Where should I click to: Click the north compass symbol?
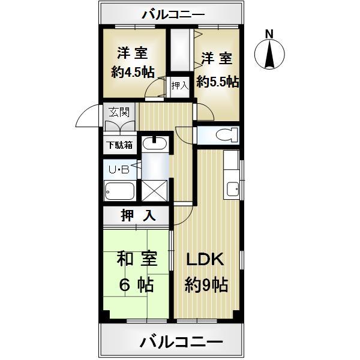pyautogui.click(x=269, y=55)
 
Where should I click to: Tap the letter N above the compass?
pyautogui.click(x=269, y=34)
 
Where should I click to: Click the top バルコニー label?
pyautogui.click(x=173, y=14)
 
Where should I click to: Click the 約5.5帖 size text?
pyautogui.click(x=217, y=79)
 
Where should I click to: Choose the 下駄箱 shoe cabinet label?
pyautogui.click(x=120, y=145)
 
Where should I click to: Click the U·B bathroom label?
pyautogui.click(x=119, y=170)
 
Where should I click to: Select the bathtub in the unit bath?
pyautogui.click(x=120, y=191)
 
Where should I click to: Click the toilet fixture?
pyautogui.click(x=222, y=134)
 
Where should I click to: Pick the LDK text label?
pyautogui.click(x=204, y=260)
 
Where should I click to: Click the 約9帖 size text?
pyautogui.click(x=206, y=285)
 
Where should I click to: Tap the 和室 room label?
pyautogui.click(x=137, y=259)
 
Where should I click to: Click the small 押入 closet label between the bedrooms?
pyautogui.click(x=179, y=86)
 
